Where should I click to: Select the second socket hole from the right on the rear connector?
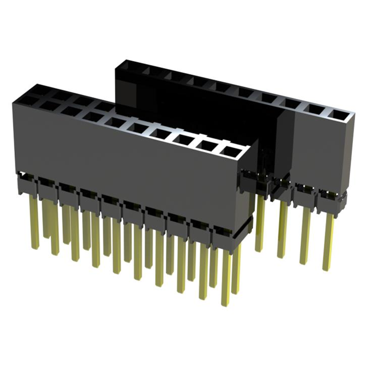(x=313, y=111)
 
